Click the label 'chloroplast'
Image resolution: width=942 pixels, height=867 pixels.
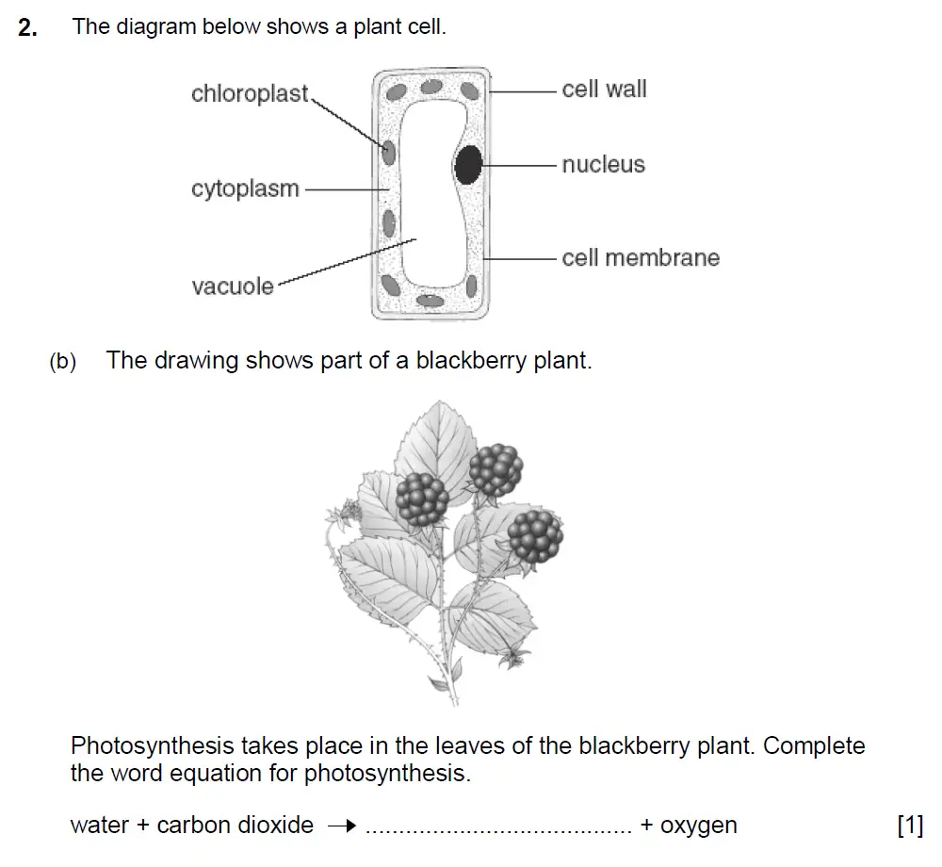point(250,94)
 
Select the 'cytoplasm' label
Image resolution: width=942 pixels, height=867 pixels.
point(245,188)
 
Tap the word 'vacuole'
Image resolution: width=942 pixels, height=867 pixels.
point(233,286)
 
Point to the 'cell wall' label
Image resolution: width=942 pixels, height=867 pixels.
point(604,90)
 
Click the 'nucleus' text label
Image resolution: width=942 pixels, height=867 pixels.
point(603,165)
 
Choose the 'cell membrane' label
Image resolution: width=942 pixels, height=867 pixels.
point(640,258)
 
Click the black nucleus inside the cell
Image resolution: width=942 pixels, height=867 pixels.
point(468,165)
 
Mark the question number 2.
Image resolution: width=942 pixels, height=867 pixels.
point(28,27)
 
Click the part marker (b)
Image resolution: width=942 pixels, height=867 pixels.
point(62,362)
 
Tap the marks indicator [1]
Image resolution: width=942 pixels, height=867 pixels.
point(910,826)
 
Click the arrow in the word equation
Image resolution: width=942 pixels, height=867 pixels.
point(342,826)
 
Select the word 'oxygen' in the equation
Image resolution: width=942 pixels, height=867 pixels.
point(698,826)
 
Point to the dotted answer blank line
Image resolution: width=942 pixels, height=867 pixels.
point(498,829)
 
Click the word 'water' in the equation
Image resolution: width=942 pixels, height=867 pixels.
point(99,826)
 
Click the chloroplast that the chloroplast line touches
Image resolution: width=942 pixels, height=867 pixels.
point(387,151)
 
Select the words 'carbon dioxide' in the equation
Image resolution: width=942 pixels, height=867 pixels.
point(235,826)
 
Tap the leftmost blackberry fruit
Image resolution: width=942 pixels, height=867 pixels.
point(421,499)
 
